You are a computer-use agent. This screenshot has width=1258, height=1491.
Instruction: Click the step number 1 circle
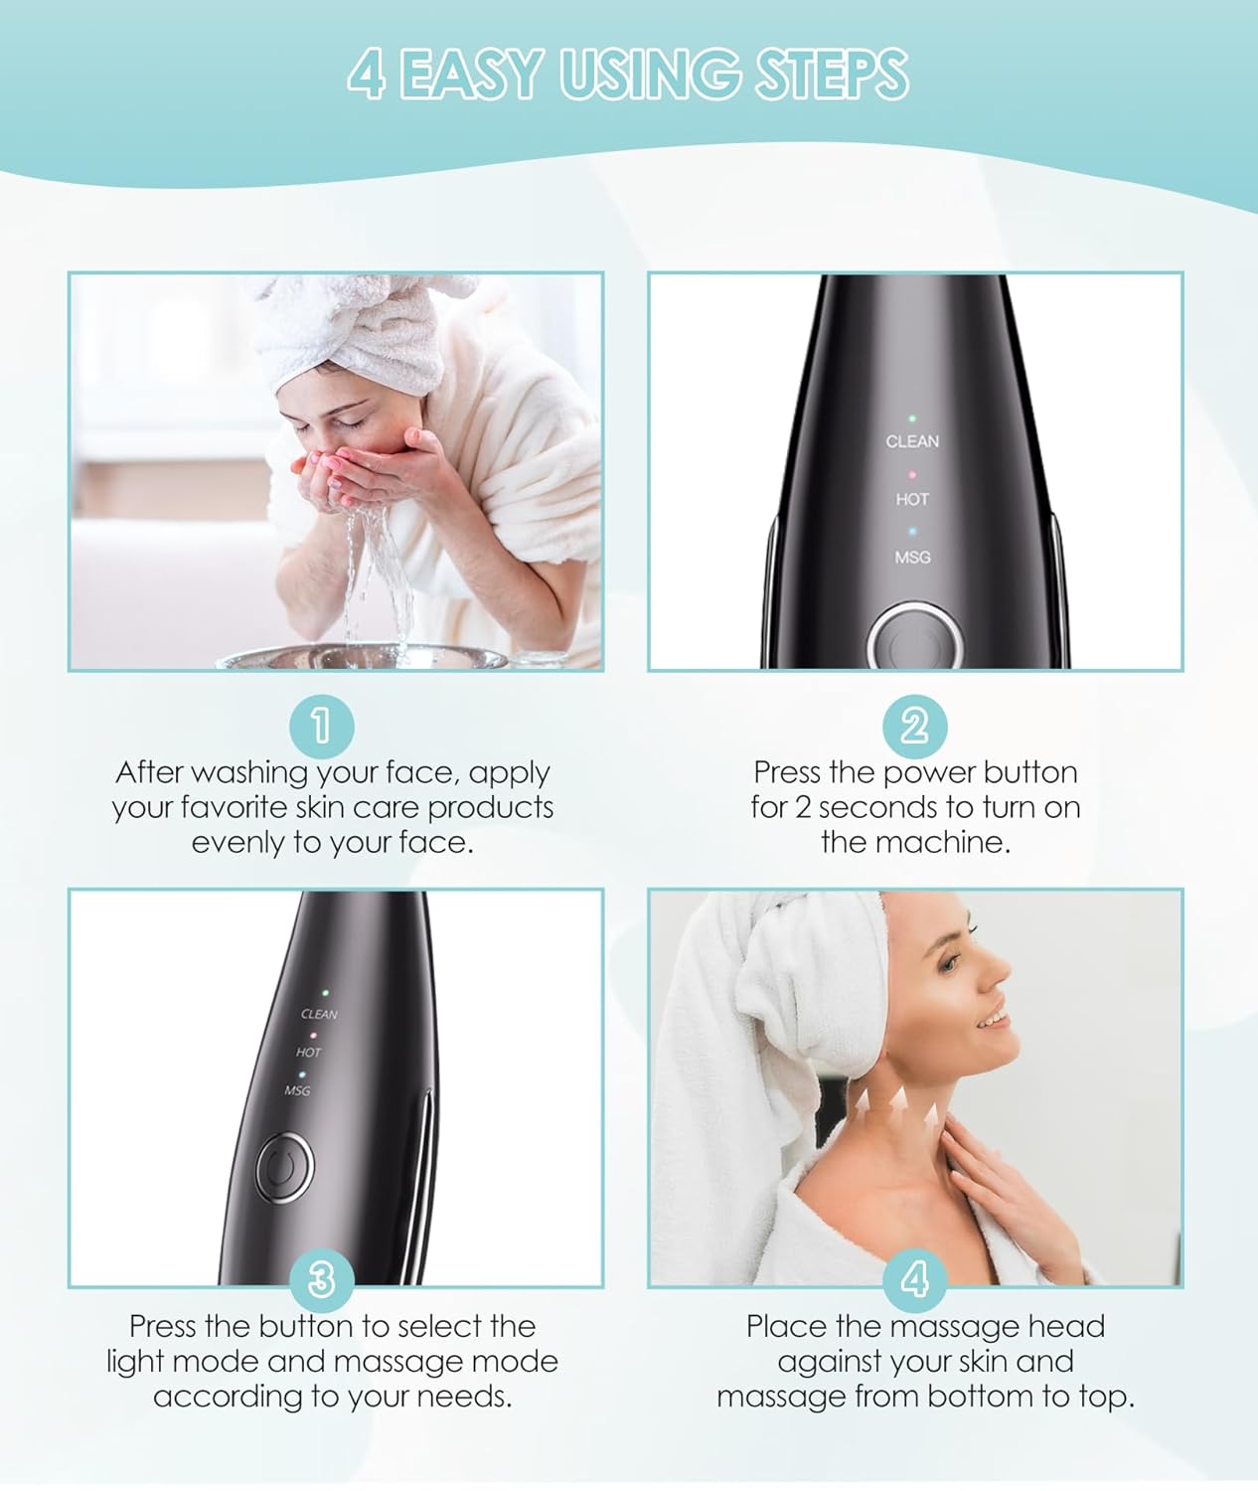(321, 726)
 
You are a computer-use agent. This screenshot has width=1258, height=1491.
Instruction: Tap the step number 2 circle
(914, 726)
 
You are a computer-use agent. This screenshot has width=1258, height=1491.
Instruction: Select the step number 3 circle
(321, 1279)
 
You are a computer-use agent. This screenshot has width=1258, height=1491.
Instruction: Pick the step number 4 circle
(914, 1279)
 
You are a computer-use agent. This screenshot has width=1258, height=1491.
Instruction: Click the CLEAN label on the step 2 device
(912, 441)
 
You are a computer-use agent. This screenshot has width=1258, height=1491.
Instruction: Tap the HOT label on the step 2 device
(912, 499)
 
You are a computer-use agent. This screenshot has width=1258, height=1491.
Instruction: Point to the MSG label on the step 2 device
(912, 558)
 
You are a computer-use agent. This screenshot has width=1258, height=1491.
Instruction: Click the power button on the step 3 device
(284, 1168)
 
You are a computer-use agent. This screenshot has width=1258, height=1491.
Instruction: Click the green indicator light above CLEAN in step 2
(912, 418)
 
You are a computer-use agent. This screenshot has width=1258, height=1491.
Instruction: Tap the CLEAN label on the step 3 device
(319, 1014)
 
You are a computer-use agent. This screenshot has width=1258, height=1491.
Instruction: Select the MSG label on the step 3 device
(297, 1090)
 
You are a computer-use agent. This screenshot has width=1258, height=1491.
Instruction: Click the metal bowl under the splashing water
(363, 657)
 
